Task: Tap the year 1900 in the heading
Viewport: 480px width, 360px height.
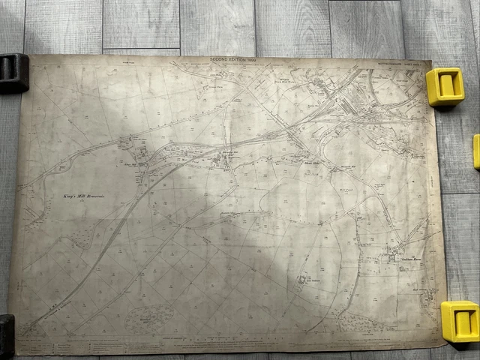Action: (x=250, y=59)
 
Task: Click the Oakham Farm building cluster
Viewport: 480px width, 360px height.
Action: (x=392, y=257)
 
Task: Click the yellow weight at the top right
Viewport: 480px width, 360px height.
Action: (x=445, y=85)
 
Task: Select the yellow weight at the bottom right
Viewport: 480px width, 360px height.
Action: (x=460, y=321)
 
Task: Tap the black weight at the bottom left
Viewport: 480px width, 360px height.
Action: (x=6, y=334)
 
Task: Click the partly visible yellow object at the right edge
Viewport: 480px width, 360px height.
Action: (x=476, y=151)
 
